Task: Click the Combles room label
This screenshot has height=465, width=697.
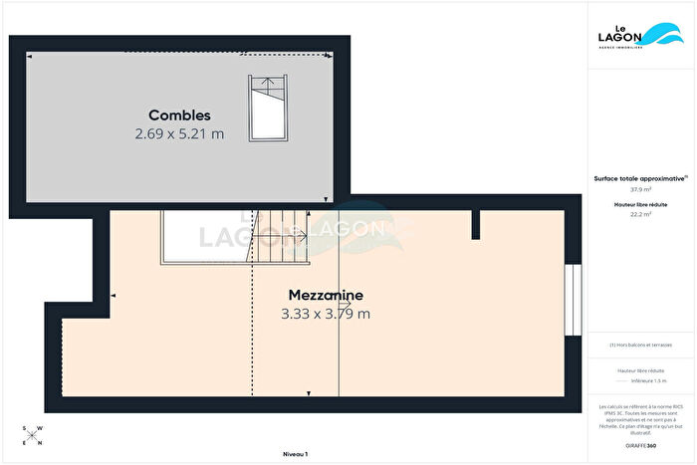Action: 179,116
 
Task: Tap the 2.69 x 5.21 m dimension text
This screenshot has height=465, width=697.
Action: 179,133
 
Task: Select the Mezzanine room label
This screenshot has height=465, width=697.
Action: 326,296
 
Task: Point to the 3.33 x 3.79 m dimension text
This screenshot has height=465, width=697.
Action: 326,314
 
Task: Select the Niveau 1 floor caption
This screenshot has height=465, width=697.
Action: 295,454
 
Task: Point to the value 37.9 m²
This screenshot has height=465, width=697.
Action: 639,189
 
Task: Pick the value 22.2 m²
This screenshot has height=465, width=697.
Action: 639,214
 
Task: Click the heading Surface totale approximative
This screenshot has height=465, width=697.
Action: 638,178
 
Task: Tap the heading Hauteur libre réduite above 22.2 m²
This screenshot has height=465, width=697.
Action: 639,204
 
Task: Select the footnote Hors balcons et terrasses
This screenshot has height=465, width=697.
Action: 640,345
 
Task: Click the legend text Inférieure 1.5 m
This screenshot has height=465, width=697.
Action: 648,381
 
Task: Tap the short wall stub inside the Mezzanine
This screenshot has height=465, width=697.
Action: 476,224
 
